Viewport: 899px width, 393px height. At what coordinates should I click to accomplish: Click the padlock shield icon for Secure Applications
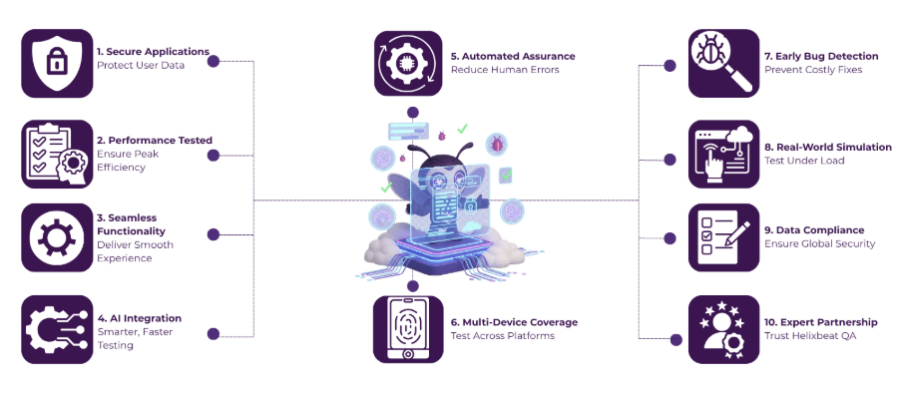(x=56, y=63)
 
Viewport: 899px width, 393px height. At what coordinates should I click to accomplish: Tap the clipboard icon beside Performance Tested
(x=56, y=154)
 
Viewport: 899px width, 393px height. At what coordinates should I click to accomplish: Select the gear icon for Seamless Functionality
(x=56, y=237)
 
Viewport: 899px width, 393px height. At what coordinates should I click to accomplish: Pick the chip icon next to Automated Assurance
(x=407, y=63)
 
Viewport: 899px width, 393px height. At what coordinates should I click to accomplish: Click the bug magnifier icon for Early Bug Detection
(x=723, y=63)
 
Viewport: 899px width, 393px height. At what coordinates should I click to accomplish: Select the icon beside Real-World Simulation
(x=723, y=154)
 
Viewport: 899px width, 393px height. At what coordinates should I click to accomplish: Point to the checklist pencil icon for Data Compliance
(x=723, y=237)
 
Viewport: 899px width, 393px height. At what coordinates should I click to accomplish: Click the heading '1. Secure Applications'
(x=153, y=51)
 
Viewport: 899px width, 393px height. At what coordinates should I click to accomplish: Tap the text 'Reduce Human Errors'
(x=504, y=70)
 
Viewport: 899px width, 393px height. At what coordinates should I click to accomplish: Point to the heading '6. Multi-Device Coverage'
(x=514, y=322)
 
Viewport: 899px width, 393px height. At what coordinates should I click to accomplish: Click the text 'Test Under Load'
(x=803, y=161)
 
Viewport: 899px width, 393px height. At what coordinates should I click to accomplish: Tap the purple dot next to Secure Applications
(x=212, y=62)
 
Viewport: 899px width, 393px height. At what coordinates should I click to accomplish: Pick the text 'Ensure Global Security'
(x=819, y=243)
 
